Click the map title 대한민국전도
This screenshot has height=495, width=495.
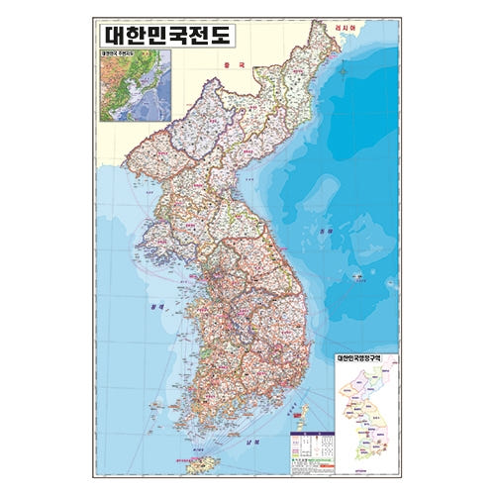164,35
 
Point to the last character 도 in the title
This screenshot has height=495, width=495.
219,35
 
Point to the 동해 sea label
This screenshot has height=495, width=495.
354,234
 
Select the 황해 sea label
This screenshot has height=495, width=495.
154,308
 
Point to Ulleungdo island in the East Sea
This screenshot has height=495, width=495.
355,278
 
